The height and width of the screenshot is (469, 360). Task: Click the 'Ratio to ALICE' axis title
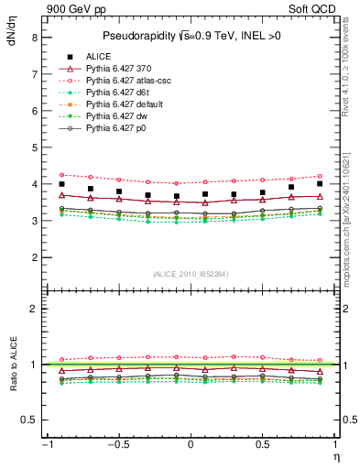click(x=13, y=364)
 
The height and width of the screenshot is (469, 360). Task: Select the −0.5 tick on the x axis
click(x=117, y=445)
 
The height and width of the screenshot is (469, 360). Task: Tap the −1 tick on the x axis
click(x=46, y=445)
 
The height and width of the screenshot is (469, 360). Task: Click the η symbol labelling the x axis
click(x=335, y=455)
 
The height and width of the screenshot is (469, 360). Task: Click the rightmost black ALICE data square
click(x=320, y=184)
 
